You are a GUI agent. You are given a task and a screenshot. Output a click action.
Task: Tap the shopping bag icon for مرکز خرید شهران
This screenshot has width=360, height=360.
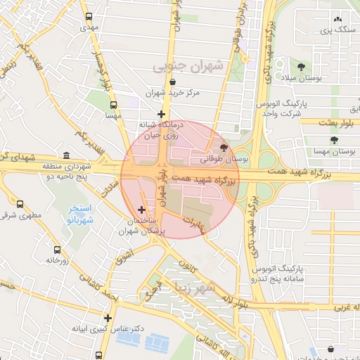coord(173,81)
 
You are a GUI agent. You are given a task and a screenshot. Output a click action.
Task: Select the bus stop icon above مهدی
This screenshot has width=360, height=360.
coord(89,17)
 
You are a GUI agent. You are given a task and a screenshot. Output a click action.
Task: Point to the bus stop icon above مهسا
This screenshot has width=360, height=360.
coord(110,103)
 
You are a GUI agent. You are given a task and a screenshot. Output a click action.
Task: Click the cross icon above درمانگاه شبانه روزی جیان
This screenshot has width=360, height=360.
coord(162,113)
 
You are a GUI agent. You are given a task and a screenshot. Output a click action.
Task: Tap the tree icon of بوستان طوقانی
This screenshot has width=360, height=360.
coord(224,148)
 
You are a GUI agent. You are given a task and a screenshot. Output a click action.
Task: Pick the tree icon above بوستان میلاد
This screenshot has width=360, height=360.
coord(301,67)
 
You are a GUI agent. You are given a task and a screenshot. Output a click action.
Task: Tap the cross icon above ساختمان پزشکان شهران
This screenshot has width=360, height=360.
coord(142,210)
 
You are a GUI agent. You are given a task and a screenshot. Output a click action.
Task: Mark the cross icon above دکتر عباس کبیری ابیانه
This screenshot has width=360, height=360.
coord(108,318)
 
